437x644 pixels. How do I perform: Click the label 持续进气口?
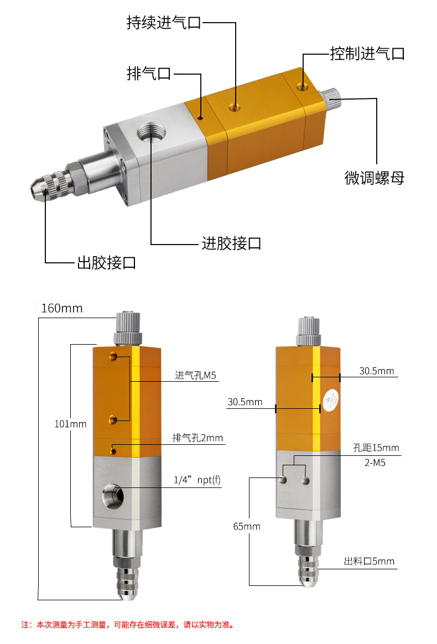click(x=163, y=23)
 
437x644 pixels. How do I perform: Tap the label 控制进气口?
click(x=367, y=54)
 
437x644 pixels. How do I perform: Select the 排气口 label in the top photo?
click(x=149, y=74)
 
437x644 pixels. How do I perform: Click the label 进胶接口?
click(x=231, y=243)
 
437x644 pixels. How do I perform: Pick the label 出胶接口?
click(x=106, y=262)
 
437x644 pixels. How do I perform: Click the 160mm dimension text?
click(x=62, y=308)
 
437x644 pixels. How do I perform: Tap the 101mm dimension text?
click(x=70, y=424)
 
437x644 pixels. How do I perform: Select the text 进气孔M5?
click(x=195, y=376)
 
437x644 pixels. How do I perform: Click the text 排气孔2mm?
click(x=197, y=438)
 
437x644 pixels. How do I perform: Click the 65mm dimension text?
click(x=247, y=526)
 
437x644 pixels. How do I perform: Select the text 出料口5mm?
click(x=369, y=562)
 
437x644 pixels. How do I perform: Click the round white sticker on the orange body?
click(x=331, y=401)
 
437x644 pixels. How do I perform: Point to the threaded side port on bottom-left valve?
click(x=112, y=494)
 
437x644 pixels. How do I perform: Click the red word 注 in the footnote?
click(x=25, y=625)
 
